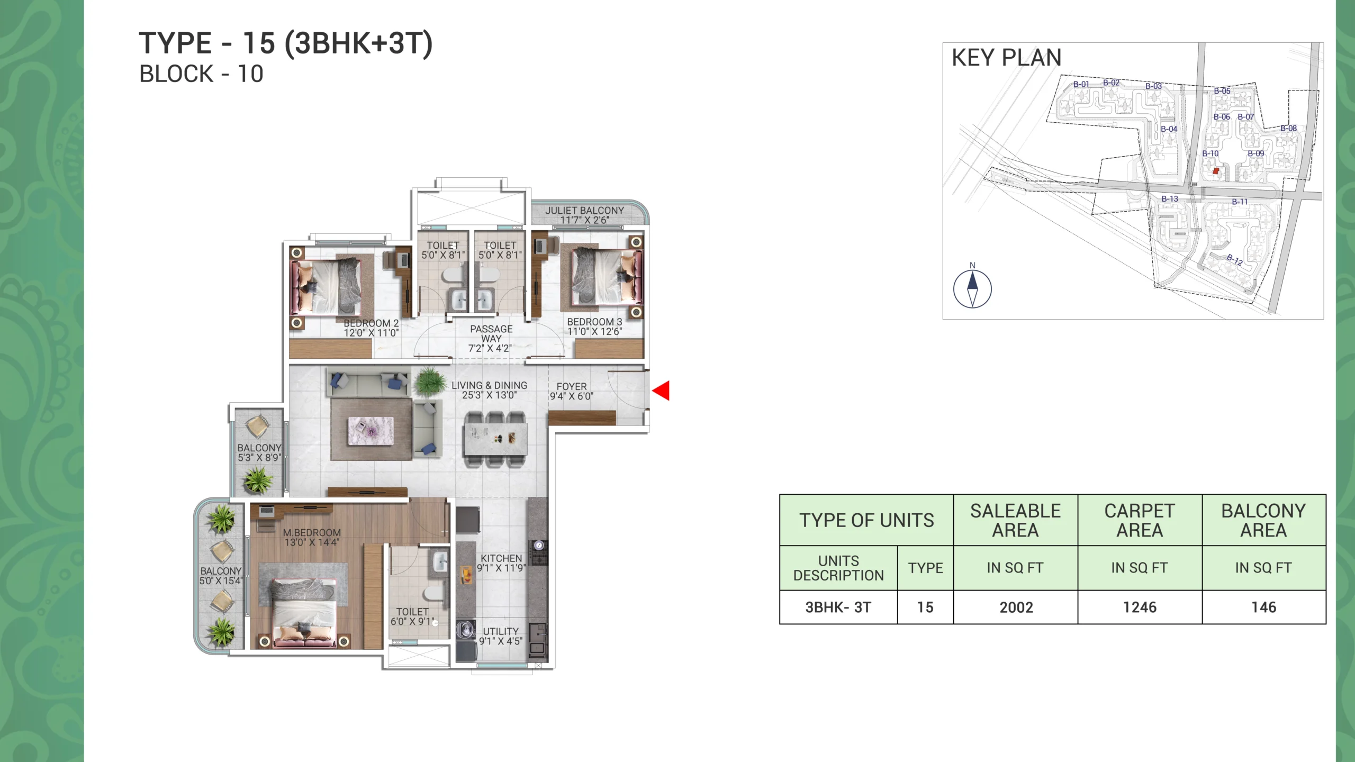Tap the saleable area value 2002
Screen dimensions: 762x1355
[x=1016, y=607]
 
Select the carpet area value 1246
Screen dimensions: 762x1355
[x=1140, y=607]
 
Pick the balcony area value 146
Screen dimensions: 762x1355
[x=1263, y=607]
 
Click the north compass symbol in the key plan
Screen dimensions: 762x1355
[x=972, y=288]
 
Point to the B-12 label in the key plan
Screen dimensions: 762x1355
[x=1235, y=259]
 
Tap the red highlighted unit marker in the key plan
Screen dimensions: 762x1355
[x=1216, y=171]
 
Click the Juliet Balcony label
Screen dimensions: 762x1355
[x=584, y=215]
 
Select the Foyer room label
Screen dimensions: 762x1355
[x=572, y=391]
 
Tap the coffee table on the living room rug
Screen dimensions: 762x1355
[x=371, y=430]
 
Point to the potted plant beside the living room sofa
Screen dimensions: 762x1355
[x=429, y=381]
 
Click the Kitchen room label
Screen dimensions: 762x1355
[x=501, y=563]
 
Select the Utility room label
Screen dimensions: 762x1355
[x=501, y=636]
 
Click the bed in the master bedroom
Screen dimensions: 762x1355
[x=303, y=611]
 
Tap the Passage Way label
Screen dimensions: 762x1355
[x=491, y=338]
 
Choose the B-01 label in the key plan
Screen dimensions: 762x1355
[x=1081, y=84]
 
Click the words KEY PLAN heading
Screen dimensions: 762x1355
[x=1006, y=57]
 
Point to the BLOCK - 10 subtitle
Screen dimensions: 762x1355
[x=201, y=74]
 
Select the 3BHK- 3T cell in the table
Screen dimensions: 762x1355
[x=838, y=607]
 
